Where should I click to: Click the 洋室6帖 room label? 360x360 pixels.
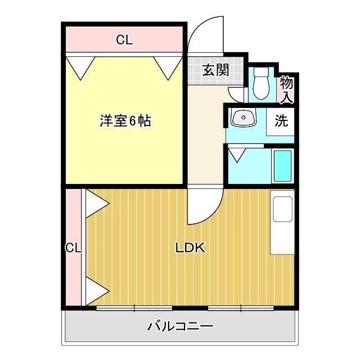(x=125, y=120)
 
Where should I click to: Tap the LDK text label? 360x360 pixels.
(x=191, y=247)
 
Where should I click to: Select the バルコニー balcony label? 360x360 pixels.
(x=180, y=326)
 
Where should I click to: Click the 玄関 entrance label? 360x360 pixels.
(x=215, y=70)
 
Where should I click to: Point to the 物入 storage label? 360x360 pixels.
(x=287, y=89)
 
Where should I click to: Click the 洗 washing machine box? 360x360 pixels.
(x=281, y=121)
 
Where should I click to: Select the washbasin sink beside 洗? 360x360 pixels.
(x=243, y=118)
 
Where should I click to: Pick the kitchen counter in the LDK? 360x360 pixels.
(x=282, y=222)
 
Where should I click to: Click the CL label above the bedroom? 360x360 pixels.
(x=124, y=40)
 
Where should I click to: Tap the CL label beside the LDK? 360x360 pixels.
(x=73, y=247)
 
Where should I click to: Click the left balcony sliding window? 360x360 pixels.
(x=134, y=308)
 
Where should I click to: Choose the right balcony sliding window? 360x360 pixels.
(x=241, y=308)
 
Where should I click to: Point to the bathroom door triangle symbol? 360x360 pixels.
(x=237, y=154)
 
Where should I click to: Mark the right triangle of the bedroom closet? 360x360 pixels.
(x=166, y=67)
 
